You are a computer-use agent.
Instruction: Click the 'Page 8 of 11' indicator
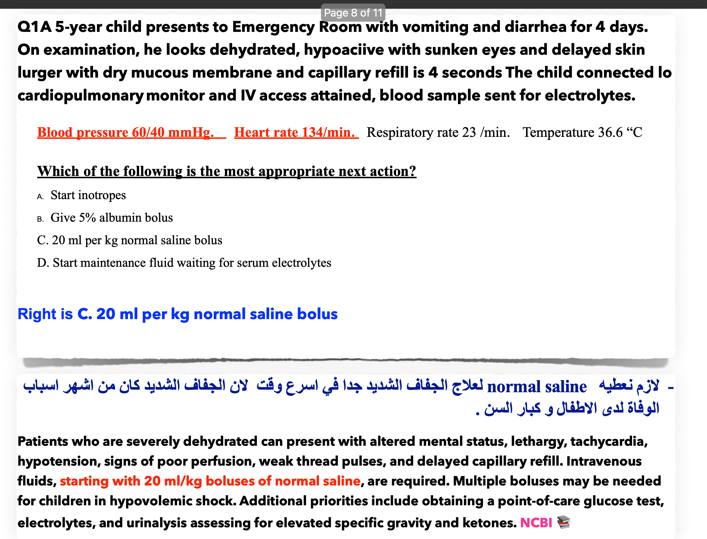(353, 13)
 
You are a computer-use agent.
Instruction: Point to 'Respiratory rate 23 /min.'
(438, 132)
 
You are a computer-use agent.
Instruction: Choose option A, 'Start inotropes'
(88, 195)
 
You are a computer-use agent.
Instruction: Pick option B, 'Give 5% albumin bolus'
(111, 217)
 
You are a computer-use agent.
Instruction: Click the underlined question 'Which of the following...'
(226, 171)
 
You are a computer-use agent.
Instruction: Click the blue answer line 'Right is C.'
(177, 314)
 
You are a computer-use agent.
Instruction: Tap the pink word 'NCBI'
(536, 523)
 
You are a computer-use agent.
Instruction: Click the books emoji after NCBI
(563, 522)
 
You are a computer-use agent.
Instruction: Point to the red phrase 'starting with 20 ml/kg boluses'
(210, 481)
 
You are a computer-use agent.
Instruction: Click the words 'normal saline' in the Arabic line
(537, 387)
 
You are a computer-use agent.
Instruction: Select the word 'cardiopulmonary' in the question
(80, 96)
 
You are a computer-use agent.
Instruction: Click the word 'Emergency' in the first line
(273, 27)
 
